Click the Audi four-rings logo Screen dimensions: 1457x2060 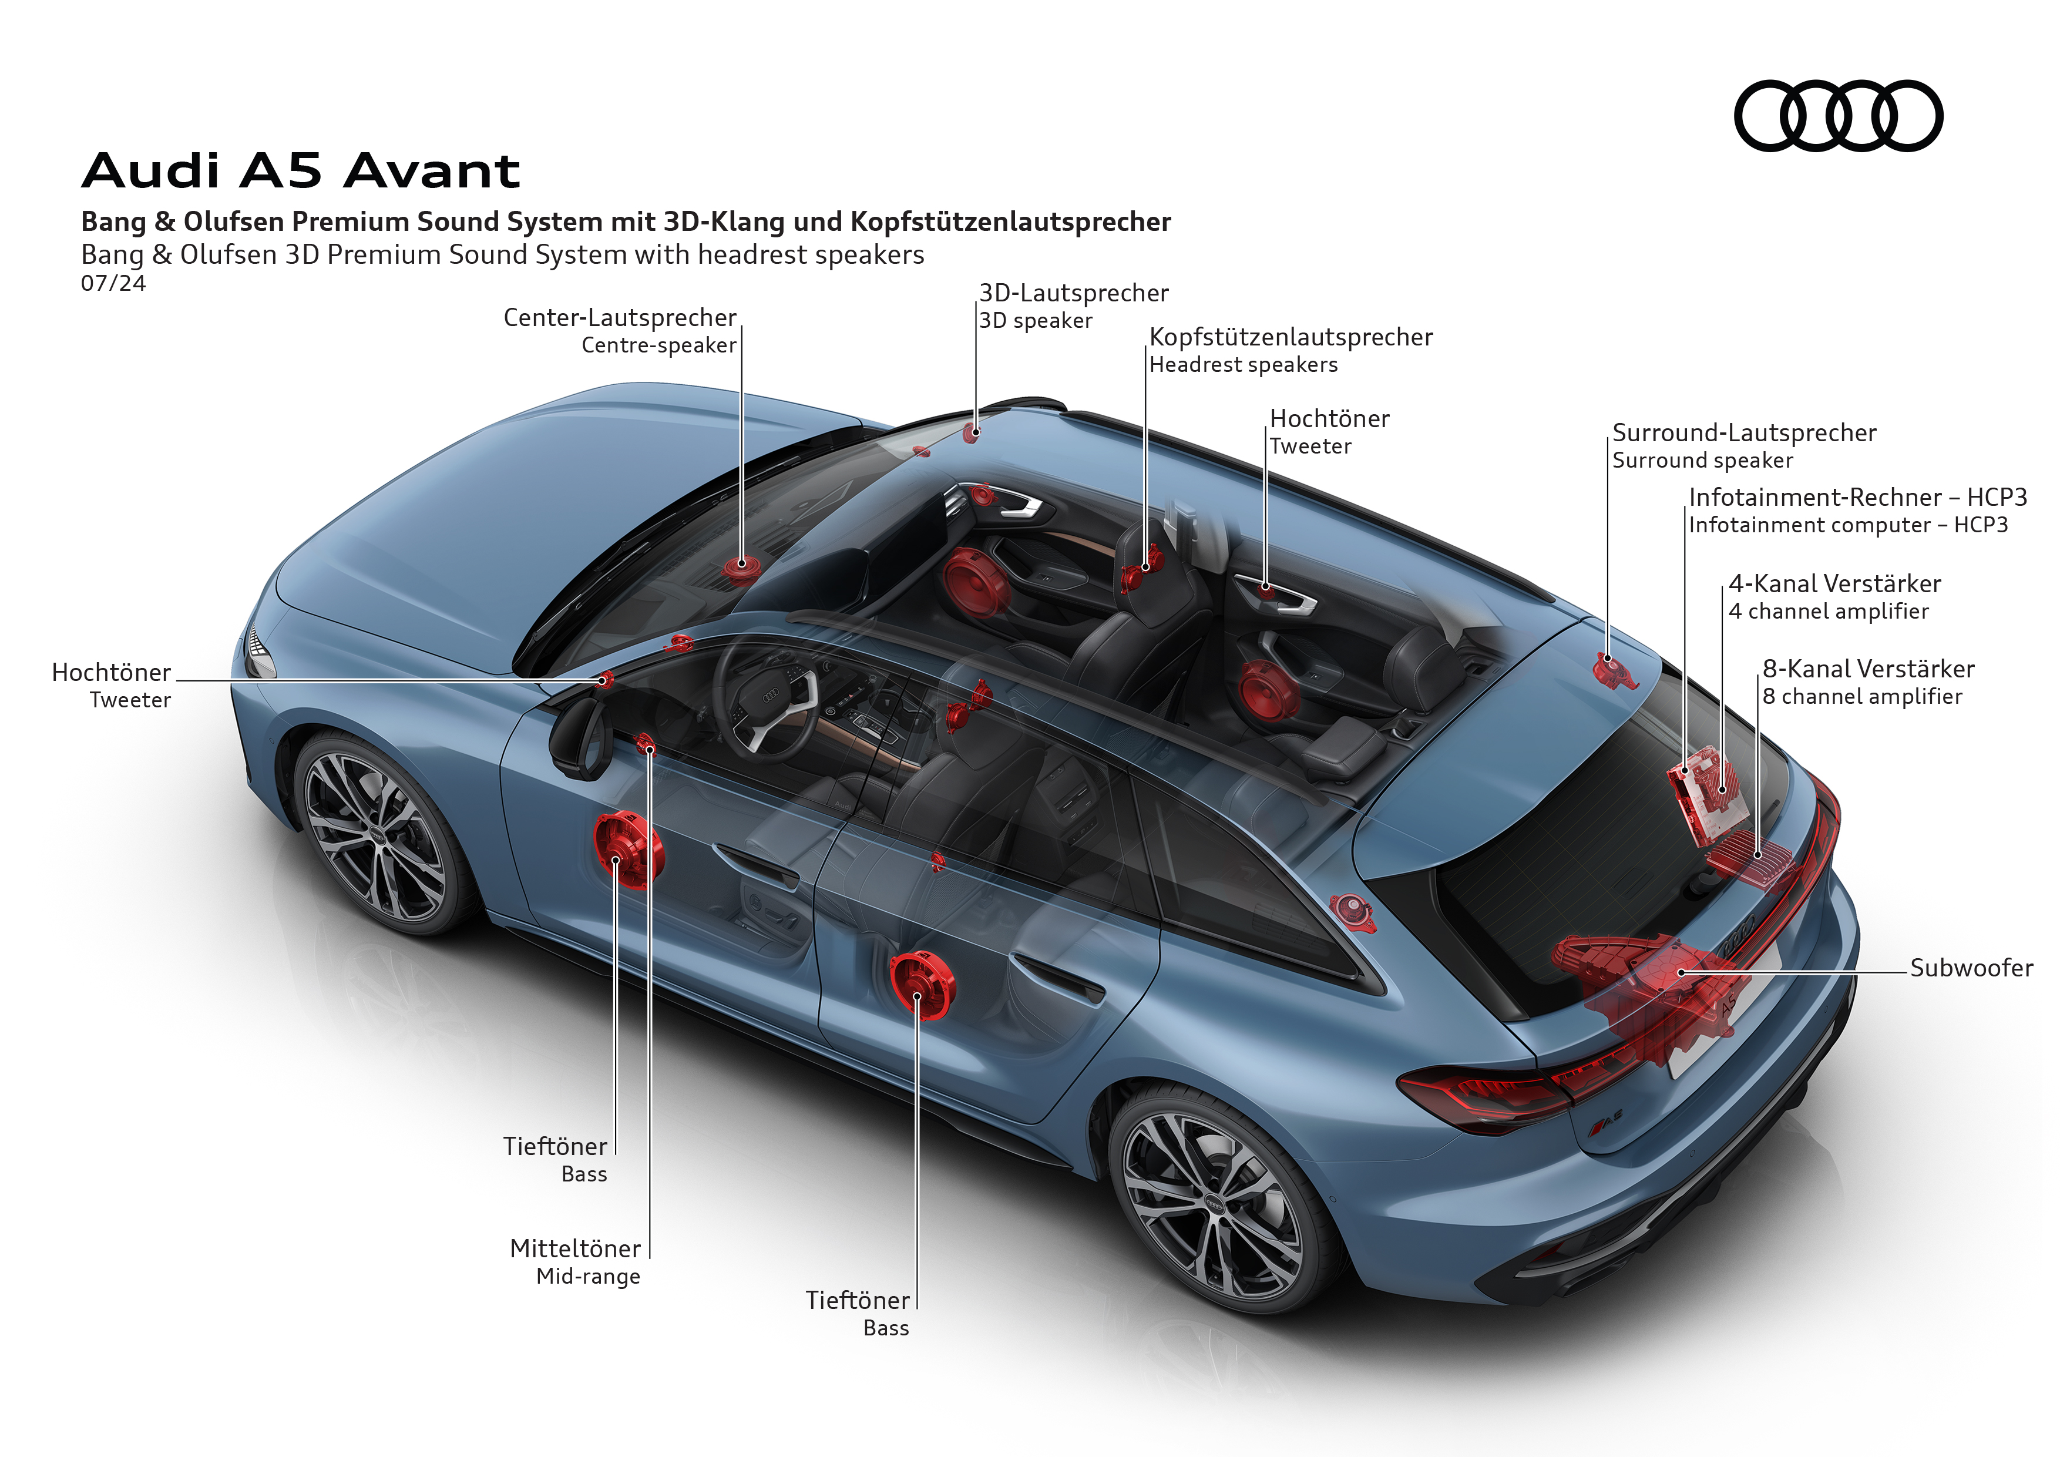(x=1837, y=116)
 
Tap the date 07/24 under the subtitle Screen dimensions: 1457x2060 (x=113, y=284)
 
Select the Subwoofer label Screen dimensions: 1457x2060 (x=1970, y=968)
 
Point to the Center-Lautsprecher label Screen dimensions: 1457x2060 (x=619, y=318)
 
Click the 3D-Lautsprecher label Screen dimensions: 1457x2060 (x=1073, y=293)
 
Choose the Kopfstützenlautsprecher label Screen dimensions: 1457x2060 (x=1290, y=337)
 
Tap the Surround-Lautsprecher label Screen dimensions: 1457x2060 (x=1743, y=434)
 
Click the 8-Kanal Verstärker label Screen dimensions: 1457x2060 (x=1868, y=669)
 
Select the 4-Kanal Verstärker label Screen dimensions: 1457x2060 (x=1834, y=584)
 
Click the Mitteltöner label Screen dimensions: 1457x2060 (x=575, y=1249)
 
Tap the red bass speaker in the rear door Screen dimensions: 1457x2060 (x=922, y=985)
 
